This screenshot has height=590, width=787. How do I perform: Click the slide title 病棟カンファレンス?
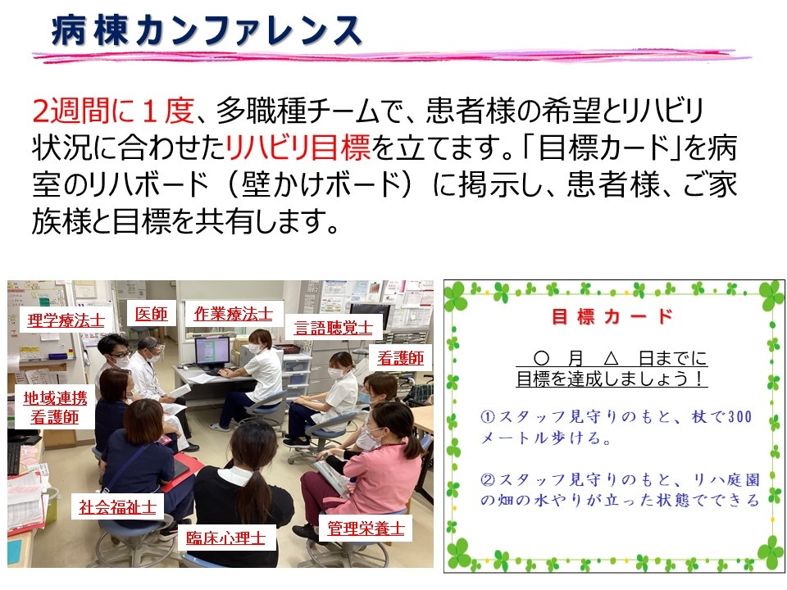tap(207, 30)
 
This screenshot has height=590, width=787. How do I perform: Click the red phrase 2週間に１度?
tap(113, 111)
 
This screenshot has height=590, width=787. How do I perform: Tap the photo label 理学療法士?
tap(66, 320)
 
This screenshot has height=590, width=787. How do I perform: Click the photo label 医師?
tap(151, 314)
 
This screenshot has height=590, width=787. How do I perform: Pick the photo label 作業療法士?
tap(234, 314)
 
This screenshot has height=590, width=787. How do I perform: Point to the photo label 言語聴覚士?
tap(334, 328)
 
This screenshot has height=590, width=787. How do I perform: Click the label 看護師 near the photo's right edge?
tap(401, 358)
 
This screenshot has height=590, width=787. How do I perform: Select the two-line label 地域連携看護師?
tap(55, 407)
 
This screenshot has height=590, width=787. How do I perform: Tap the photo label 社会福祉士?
tap(117, 507)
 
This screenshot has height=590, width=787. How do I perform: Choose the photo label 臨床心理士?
tap(226, 538)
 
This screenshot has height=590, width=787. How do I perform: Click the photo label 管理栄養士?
tap(366, 528)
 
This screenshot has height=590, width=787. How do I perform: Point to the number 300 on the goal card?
tap(739, 416)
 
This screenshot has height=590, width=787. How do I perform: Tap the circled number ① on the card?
tap(487, 416)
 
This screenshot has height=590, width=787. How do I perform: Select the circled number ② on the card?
tap(487, 479)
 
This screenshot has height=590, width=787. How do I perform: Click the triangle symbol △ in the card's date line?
tap(611, 358)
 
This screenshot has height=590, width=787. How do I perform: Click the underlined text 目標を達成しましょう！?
tap(612, 379)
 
